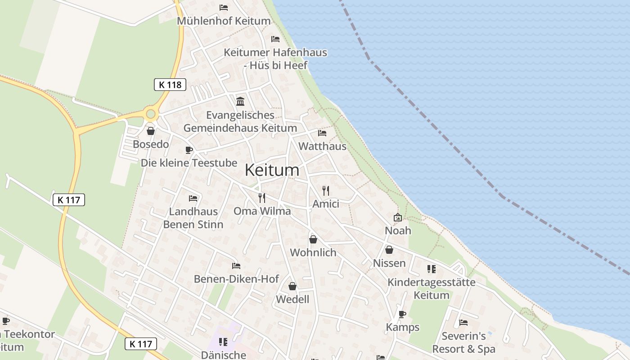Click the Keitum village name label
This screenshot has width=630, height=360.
pyautogui.click(x=272, y=170)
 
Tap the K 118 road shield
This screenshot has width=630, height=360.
pyautogui.click(x=170, y=85)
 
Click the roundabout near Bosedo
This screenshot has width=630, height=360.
pyautogui.click(x=150, y=114)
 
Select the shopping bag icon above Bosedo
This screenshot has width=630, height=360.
pyautogui.click(x=151, y=131)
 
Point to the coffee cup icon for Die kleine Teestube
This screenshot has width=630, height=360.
pyautogui.click(x=189, y=150)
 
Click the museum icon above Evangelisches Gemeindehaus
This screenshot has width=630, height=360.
pyautogui.click(x=240, y=101)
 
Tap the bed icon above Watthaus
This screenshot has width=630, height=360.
pyautogui.click(x=322, y=133)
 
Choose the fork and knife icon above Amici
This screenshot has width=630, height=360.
pyautogui.click(x=326, y=190)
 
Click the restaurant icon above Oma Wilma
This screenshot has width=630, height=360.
pyautogui.click(x=262, y=198)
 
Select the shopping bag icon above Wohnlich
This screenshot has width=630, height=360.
pyautogui.click(x=313, y=239)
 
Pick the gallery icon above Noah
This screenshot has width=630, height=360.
pyautogui.click(x=398, y=217)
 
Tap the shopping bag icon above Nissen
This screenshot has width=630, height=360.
pyautogui.click(x=389, y=250)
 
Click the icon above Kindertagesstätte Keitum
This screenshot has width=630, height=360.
pyautogui.click(x=431, y=269)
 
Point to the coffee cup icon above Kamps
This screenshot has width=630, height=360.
pyautogui.click(x=402, y=314)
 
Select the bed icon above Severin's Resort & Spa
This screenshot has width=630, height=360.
pyautogui.click(x=463, y=323)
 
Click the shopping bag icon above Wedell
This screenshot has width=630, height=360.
pyautogui.click(x=292, y=286)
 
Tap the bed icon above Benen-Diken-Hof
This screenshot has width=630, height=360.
pyautogui.click(x=236, y=266)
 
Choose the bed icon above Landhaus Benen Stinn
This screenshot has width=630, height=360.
pyautogui.click(x=193, y=198)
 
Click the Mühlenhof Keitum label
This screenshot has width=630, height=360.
pyautogui.click(x=224, y=21)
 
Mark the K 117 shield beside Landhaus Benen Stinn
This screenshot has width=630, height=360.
pyautogui.click(x=69, y=200)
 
